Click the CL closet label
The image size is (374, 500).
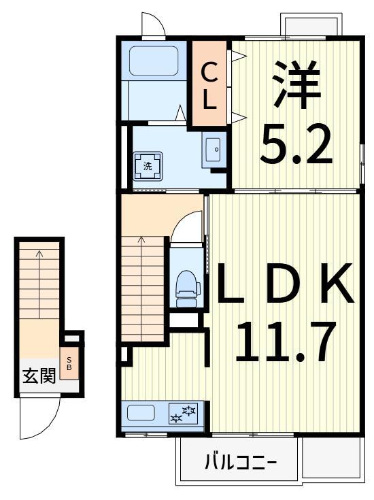click(x=209, y=84)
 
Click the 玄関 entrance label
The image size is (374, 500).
click(x=39, y=376)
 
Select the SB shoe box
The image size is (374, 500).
click(x=69, y=363)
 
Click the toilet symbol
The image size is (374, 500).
click(x=186, y=284)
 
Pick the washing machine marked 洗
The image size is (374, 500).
click(x=148, y=165)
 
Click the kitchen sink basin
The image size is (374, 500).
click(x=141, y=413)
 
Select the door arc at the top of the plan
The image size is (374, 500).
click(x=153, y=24)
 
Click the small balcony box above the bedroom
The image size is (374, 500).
click(x=309, y=24)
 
